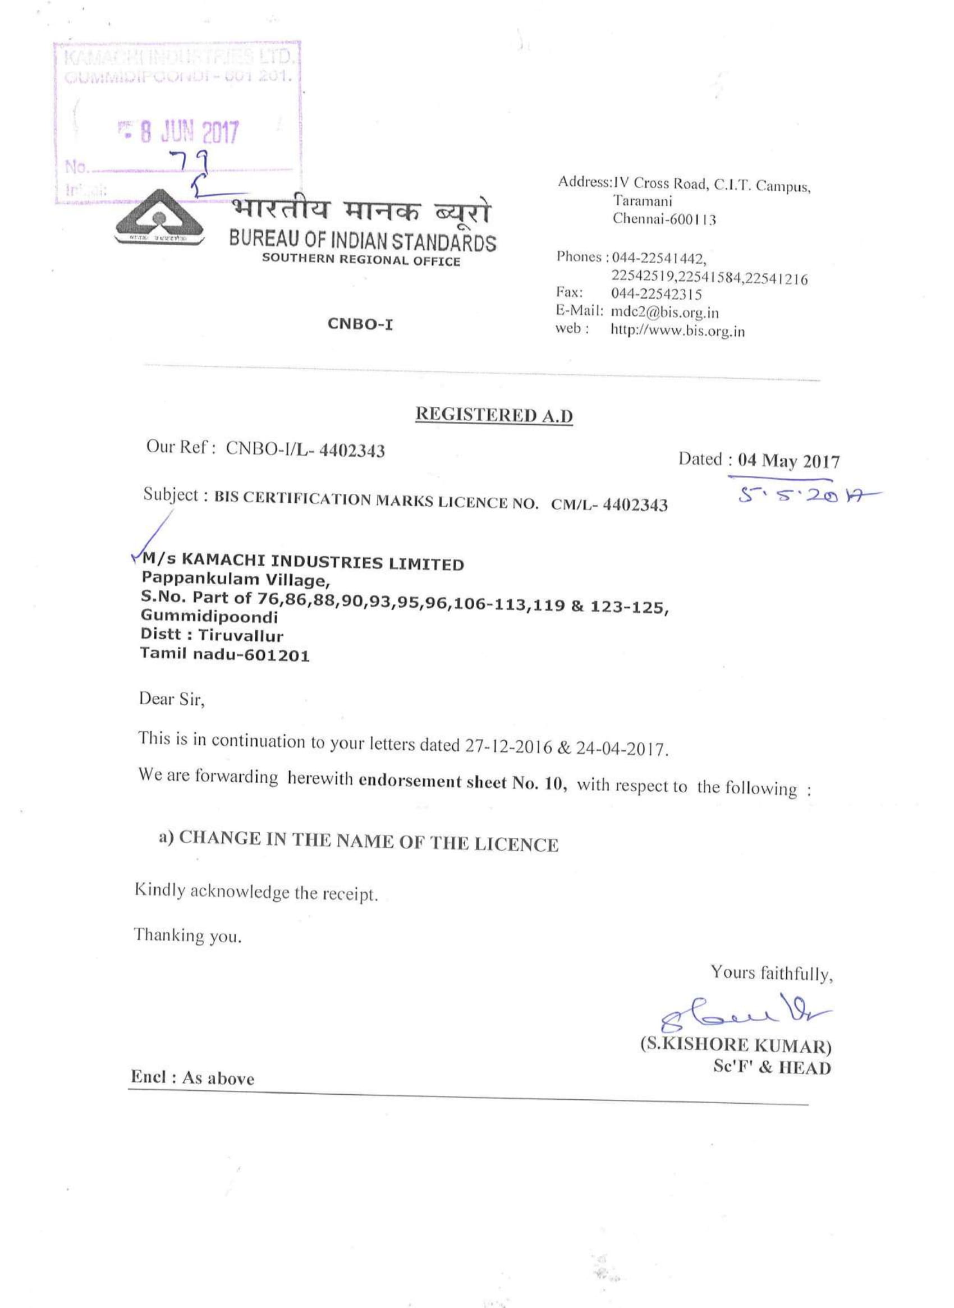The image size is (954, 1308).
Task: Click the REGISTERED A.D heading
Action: pyautogui.click(x=494, y=415)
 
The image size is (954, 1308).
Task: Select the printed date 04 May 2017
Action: pyautogui.click(x=788, y=461)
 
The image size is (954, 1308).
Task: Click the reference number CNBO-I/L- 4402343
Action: pyautogui.click(x=305, y=449)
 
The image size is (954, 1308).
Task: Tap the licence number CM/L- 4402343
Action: pyautogui.click(x=609, y=504)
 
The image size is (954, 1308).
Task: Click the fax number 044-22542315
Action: pyautogui.click(x=657, y=294)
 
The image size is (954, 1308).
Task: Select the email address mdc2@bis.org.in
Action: pyautogui.click(x=664, y=313)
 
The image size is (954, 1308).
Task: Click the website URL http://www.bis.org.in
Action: pyautogui.click(x=678, y=331)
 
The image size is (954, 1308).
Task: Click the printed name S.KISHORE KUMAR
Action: pyautogui.click(x=736, y=1046)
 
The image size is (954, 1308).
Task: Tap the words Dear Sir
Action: pyautogui.click(x=172, y=700)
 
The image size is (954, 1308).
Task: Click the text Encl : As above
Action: pyautogui.click(x=192, y=1077)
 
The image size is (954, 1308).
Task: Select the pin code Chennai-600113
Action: pyautogui.click(x=664, y=219)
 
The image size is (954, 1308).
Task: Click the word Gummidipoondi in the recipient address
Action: pyautogui.click(x=209, y=617)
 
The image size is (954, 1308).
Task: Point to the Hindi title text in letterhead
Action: pyautogui.click(x=361, y=213)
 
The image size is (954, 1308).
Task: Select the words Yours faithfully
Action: pyautogui.click(x=772, y=974)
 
